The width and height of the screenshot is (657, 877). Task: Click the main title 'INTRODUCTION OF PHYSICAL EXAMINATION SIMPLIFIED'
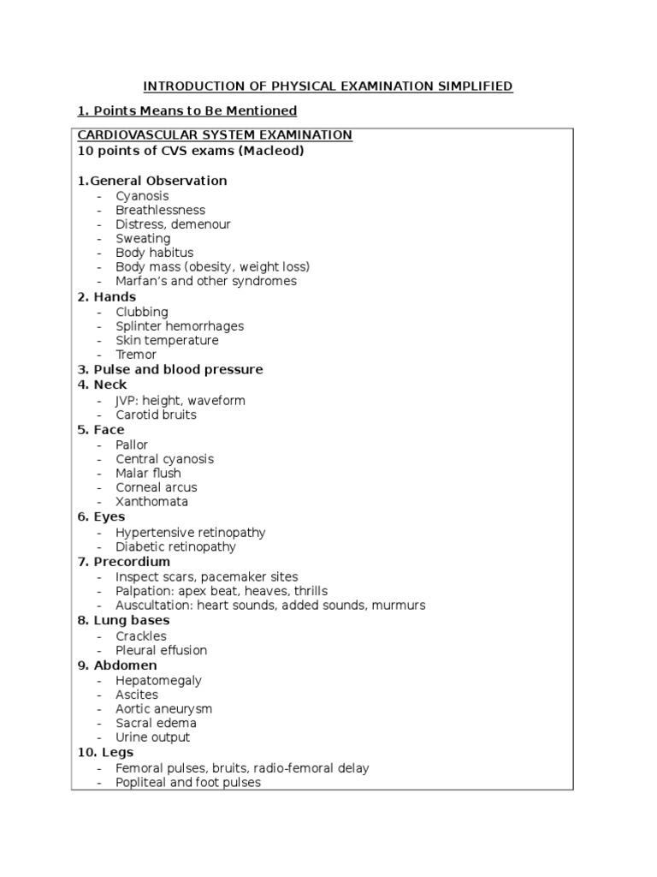tap(328, 86)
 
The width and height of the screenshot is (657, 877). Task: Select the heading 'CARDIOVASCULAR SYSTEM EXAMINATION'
tap(215, 135)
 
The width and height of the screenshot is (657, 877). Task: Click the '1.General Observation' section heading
tap(152, 181)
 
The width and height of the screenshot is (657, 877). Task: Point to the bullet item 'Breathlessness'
tap(161, 210)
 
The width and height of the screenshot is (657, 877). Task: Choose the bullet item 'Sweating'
tap(143, 238)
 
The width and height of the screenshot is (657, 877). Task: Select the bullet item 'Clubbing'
tap(142, 312)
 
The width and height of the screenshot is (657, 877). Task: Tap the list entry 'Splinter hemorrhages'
tap(180, 326)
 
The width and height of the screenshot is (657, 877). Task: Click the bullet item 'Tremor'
tap(136, 355)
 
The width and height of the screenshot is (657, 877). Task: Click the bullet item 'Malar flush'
tap(149, 474)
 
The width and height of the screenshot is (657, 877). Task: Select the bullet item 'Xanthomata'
tap(152, 502)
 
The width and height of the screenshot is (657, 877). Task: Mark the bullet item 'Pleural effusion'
tap(162, 650)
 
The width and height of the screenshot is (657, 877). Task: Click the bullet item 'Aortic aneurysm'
tap(164, 709)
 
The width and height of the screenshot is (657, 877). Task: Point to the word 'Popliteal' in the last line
tap(142, 782)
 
